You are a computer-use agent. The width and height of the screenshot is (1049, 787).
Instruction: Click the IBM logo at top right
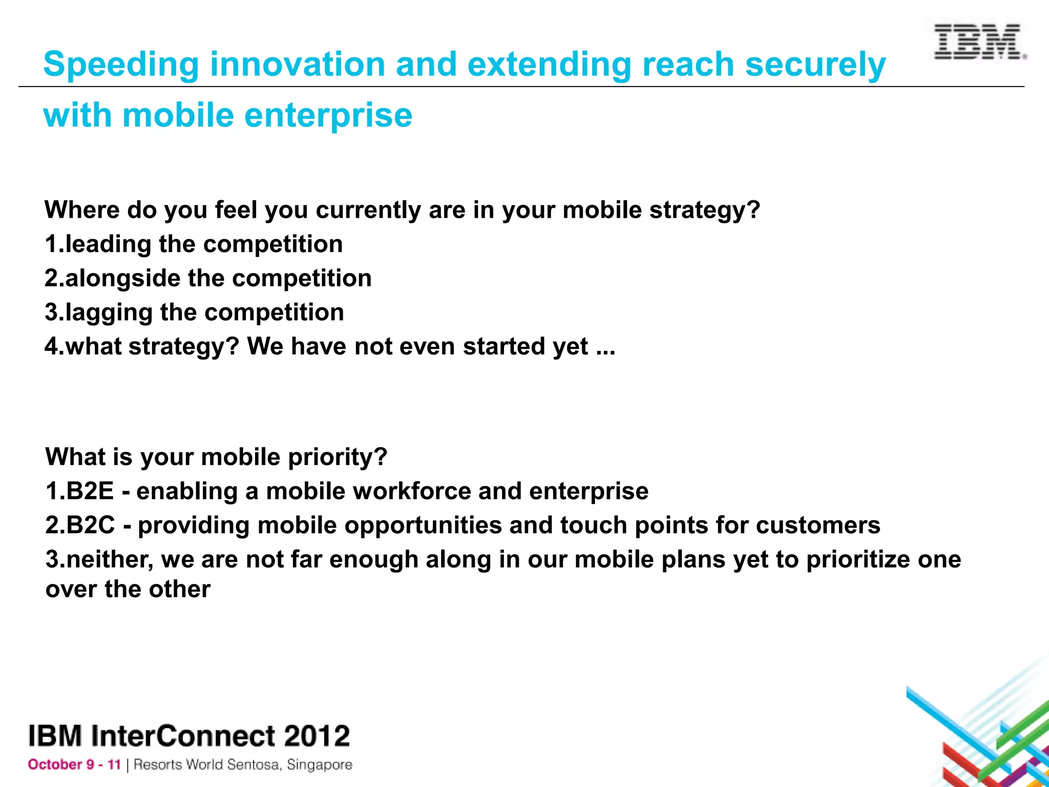[x=979, y=42]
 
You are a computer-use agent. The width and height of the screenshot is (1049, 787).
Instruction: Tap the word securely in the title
[x=815, y=65]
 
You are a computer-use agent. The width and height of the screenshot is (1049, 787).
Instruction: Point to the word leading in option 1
[x=108, y=244]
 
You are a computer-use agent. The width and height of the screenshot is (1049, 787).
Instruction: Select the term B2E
[x=90, y=491]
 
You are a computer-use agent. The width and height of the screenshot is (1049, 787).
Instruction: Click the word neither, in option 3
[x=110, y=560]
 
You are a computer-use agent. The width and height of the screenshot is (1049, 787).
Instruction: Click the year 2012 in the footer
[x=317, y=736]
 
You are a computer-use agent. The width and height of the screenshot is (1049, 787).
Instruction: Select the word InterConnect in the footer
[x=183, y=736]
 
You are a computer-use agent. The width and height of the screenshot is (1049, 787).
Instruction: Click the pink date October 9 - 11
[x=74, y=765]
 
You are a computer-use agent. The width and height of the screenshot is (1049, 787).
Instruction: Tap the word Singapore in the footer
[x=319, y=765]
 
